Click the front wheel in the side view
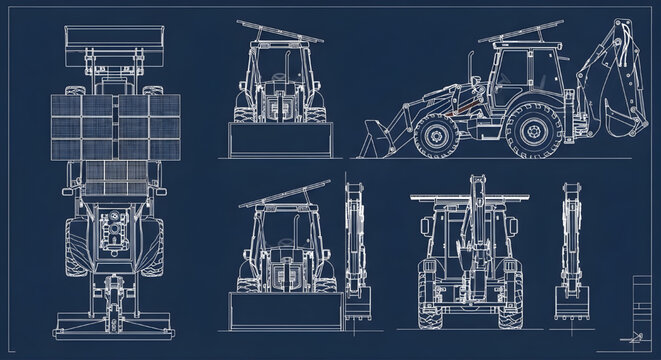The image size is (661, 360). pos(437,136)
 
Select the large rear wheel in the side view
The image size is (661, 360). pos(529,132)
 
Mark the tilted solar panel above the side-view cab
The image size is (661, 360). pos(520,38)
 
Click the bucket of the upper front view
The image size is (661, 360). pos(279,139)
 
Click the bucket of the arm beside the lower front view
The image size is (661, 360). pos(358,299)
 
